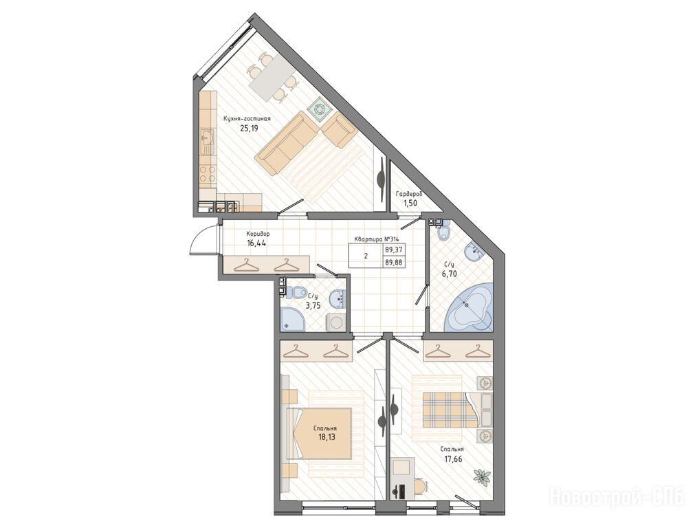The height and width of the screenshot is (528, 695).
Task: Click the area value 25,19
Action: (249, 129)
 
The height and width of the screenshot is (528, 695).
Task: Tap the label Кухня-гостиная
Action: (247, 119)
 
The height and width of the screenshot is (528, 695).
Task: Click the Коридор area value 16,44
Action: (256, 243)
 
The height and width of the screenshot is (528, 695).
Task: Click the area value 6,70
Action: (449, 274)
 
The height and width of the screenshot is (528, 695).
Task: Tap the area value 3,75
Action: (313, 305)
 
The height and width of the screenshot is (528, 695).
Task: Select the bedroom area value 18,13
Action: (327, 437)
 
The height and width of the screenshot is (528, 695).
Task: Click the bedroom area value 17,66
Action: (453, 459)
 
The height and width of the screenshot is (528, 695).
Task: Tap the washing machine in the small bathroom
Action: (335, 322)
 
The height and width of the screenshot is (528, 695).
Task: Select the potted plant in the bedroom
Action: (482, 477)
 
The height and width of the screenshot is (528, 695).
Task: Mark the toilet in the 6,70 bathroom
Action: (443, 232)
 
